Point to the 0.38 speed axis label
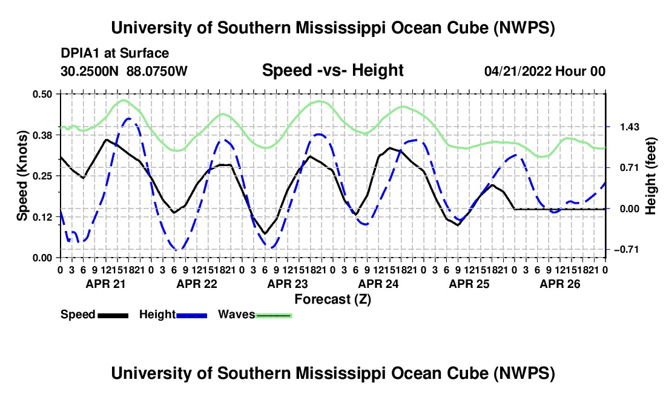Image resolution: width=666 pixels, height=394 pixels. coord(42,135)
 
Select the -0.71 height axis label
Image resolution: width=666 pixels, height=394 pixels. coord(627,250)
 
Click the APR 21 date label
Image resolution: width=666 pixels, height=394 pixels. coord(106,284)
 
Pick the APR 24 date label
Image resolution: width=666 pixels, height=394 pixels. coord(378,284)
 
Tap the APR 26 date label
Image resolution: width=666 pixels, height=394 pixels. coord(560,284)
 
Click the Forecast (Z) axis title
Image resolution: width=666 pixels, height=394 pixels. coord(333,299)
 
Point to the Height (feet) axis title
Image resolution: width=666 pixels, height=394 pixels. coord(650,176)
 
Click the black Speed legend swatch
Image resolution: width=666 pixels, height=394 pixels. coord(113,315)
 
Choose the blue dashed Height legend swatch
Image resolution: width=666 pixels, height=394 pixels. coord(191,315)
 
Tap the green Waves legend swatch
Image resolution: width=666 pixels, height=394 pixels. coord(274,315)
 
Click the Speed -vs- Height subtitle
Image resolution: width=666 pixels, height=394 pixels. coord(333,70)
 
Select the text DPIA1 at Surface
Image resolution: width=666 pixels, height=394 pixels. coord(114,53)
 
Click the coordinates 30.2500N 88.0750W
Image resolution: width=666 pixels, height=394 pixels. coord(124,71)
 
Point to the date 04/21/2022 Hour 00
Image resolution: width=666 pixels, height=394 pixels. coord(545,71)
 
